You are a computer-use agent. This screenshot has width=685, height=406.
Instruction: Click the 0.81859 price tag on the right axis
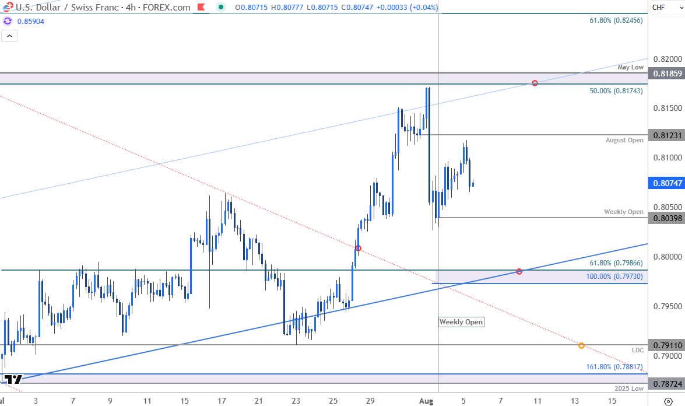pyautogui.click(x=666, y=74)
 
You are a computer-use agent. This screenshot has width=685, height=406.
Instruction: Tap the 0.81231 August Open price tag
pyautogui.click(x=666, y=135)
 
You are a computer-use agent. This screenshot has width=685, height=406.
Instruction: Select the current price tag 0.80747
pyautogui.click(x=666, y=183)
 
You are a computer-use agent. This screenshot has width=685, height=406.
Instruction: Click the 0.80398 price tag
pyautogui.click(x=666, y=218)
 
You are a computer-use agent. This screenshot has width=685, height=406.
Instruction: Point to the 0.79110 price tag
pyautogui.click(x=666, y=345)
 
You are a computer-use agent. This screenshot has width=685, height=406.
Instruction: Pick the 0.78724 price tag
pyautogui.click(x=666, y=384)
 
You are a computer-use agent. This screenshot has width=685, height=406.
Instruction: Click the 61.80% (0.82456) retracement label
pyautogui.click(x=616, y=20)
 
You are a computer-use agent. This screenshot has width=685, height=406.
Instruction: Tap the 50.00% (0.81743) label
pyautogui.click(x=616, y=90)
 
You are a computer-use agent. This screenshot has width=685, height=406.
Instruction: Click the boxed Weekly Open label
pyautogui.click(x=461, y=322)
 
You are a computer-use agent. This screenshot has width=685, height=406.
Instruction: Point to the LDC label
pyautogui.click(x=638, y=350)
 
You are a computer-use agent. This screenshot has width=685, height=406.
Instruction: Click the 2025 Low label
pyautogui.click(x=629, y=388)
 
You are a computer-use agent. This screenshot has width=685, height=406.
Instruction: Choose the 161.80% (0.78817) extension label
pyautogui.click(x=614, y=367)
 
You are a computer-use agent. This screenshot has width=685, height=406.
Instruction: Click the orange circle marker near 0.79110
pyautogui.click(x=581, y=345)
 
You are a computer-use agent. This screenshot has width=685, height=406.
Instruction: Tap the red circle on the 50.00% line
pyautogui.click(x=535, y=83)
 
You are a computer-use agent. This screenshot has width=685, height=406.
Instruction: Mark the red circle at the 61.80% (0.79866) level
pyautogui.click(x=519, y=271)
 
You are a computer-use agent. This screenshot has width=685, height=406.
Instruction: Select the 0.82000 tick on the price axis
pyautogui.click(x=665, y=59)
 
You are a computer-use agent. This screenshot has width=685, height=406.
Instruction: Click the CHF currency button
pyautogui.click(x=659, y=8)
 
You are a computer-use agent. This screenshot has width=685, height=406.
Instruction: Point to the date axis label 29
pyautogui.click(x=370, y=401)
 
